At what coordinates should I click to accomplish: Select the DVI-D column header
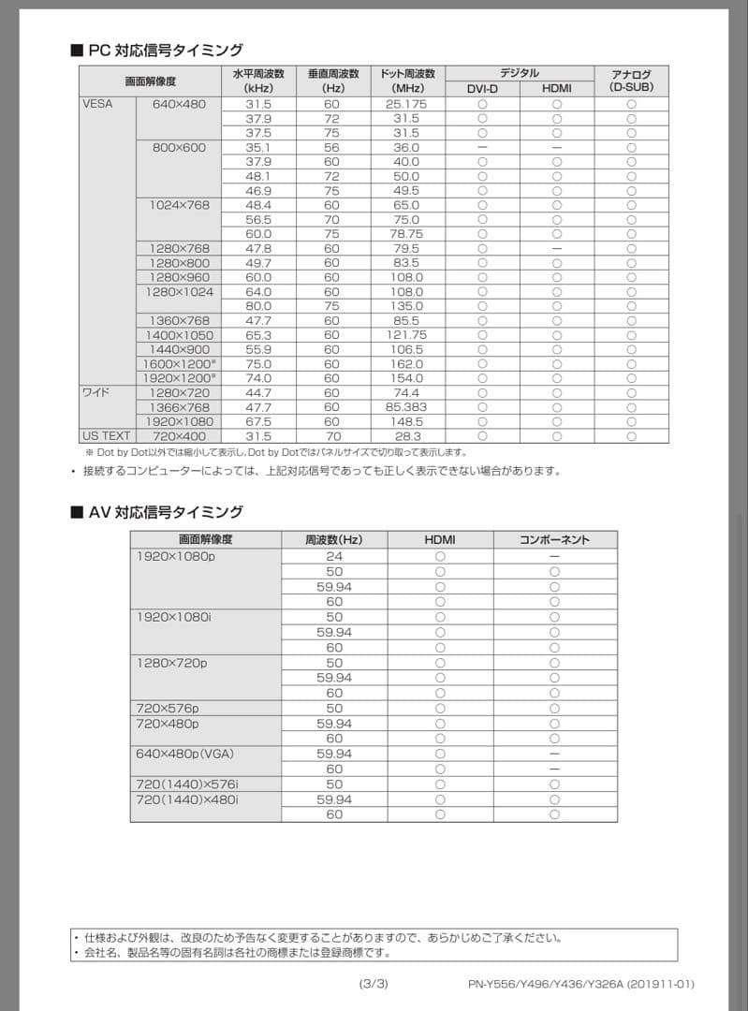(x=482, y=88)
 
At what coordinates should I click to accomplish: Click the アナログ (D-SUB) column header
(x=631, y=81)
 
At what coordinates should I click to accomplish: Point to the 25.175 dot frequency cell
(x=406, y=104)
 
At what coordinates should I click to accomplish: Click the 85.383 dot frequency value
(x=406, y=407)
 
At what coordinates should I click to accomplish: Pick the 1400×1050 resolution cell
(x=180, y=335)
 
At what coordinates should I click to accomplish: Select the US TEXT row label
(x=106, y=436)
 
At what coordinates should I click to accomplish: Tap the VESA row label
(x=97, y=104)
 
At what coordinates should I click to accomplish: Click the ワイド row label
(x=96, y=392)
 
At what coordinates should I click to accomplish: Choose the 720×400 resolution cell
(x=180, y=436)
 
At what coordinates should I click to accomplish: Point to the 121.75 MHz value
(x=406, y=335)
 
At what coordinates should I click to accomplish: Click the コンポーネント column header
(x=554, y=539)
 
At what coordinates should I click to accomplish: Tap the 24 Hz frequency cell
(x=334, y=556)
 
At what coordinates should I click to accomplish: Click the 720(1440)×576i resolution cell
(x=187, y=784)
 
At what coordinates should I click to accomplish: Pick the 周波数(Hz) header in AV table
(x=334, y=539)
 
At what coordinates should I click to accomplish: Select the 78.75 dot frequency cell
(x=406, y=234)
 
